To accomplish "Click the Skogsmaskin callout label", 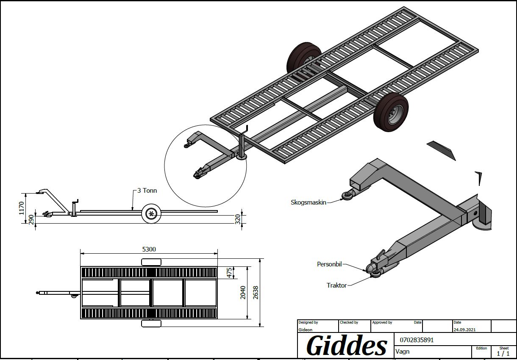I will [308, 202].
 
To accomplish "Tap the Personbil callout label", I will [329, 264].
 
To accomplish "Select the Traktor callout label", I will [336, 285].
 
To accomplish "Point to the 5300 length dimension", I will [149, 249].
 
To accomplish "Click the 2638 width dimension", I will [256, 293].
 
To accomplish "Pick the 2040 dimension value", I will [243, 293].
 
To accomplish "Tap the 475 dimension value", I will [230, 273].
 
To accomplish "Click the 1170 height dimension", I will [22, 208].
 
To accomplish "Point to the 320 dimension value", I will [238, 219].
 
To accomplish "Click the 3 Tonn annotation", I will [147, 191].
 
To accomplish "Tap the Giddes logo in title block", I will [347, 346].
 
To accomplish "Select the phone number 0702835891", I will [417, 340].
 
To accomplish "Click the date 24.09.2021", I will [465, 329].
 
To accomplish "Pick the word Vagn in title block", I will [403, 351].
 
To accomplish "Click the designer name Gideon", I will [306, 330].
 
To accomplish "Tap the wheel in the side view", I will [151, 213].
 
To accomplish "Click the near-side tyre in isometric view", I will [391, 112].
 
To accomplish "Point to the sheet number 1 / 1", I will [503, 353].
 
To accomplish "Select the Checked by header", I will [349, 323].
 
